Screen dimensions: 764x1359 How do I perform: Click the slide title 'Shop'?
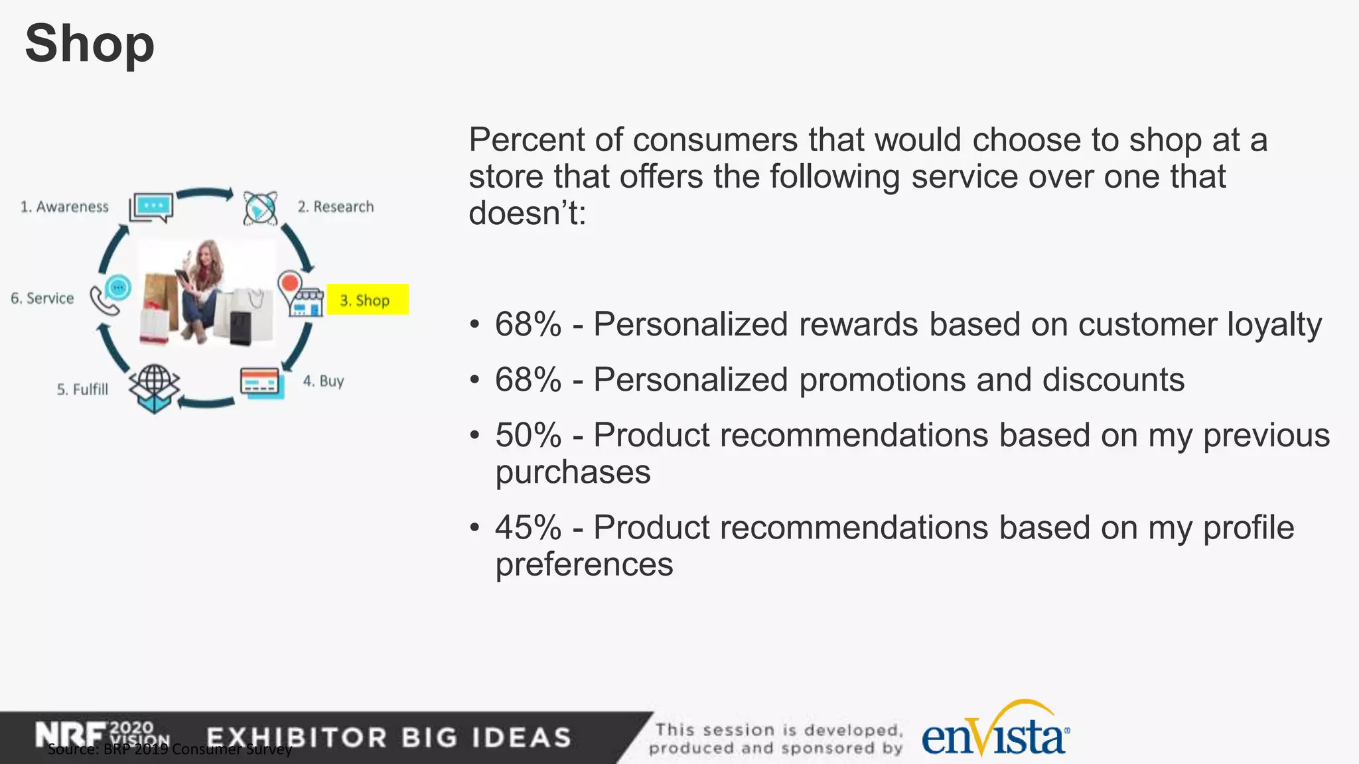click(90, 44)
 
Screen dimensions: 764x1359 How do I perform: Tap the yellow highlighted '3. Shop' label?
click(367, 300)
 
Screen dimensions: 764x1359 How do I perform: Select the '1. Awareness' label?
click(64, 207)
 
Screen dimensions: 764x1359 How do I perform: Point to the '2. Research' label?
click(336, 207)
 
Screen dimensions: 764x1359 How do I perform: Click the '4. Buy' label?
click(324, 381)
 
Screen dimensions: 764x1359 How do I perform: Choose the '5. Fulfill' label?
click(82, 389)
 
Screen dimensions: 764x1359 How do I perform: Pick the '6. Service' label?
click(42, 298)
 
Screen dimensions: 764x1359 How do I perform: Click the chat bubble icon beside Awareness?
click(152, 207)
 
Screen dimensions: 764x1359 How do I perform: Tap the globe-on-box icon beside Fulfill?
click(154, 388)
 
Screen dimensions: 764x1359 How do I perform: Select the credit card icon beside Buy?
click(261, 382)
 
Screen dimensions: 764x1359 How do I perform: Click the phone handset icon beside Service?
click(104, 302)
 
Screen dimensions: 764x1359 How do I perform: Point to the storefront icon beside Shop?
click(306, 302)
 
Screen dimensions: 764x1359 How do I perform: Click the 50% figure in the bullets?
click(528, 436)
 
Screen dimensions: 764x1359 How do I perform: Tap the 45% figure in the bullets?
click(528, 528)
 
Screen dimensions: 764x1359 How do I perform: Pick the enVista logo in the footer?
click(995, 733)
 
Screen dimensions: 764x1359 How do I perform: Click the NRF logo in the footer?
click(70, 735)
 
